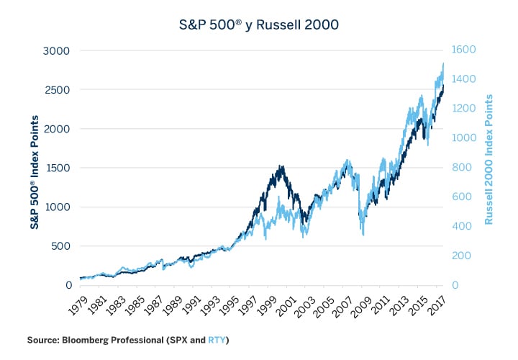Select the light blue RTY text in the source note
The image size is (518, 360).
tap(216, 339)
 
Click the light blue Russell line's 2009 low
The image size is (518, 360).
tap(363, 235)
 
